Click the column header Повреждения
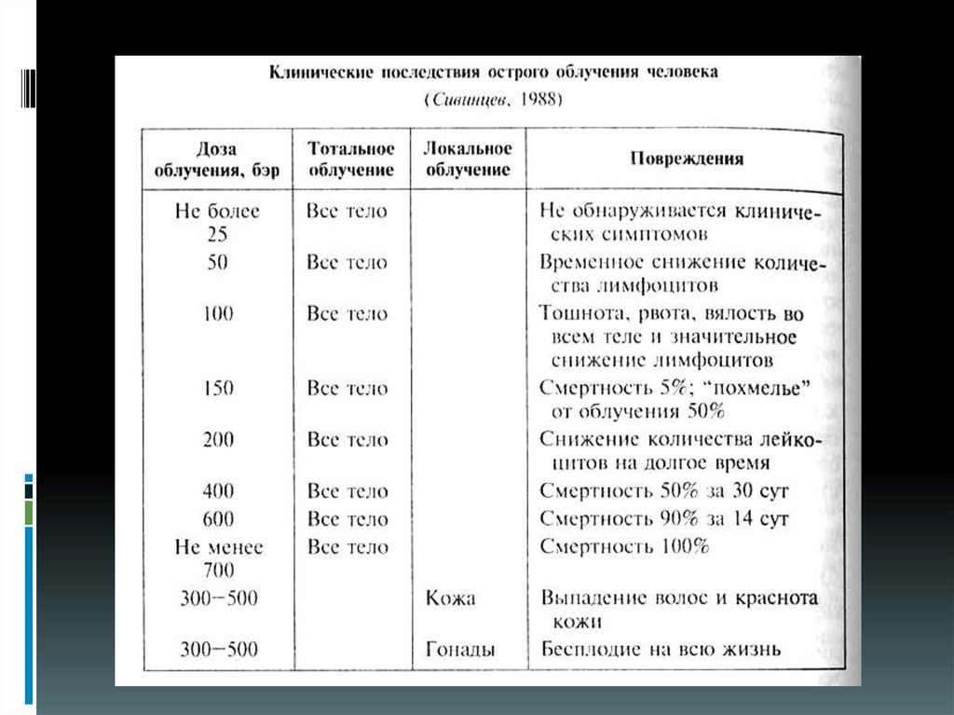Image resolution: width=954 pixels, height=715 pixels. (x=686, y=158)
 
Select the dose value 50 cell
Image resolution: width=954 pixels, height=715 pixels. (x=217, y=263)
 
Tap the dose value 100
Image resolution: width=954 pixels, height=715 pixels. (x=217, y=313)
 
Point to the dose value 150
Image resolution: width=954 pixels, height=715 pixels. (x=217, y=388)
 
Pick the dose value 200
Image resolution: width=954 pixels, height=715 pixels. (x=217, y=439)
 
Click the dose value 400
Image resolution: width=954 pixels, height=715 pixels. (x=217, y=490)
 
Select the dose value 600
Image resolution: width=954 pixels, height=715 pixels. (x=217, y=518)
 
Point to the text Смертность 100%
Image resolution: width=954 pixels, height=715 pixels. (x=624, y=546)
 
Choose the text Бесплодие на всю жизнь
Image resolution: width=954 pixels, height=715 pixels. (x=660, y=649)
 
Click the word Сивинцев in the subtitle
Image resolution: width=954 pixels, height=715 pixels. (x=472, y=98)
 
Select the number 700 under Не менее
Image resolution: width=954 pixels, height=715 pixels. (x=217, y=569)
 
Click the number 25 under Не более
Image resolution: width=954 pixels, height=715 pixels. (x=217, y=235)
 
